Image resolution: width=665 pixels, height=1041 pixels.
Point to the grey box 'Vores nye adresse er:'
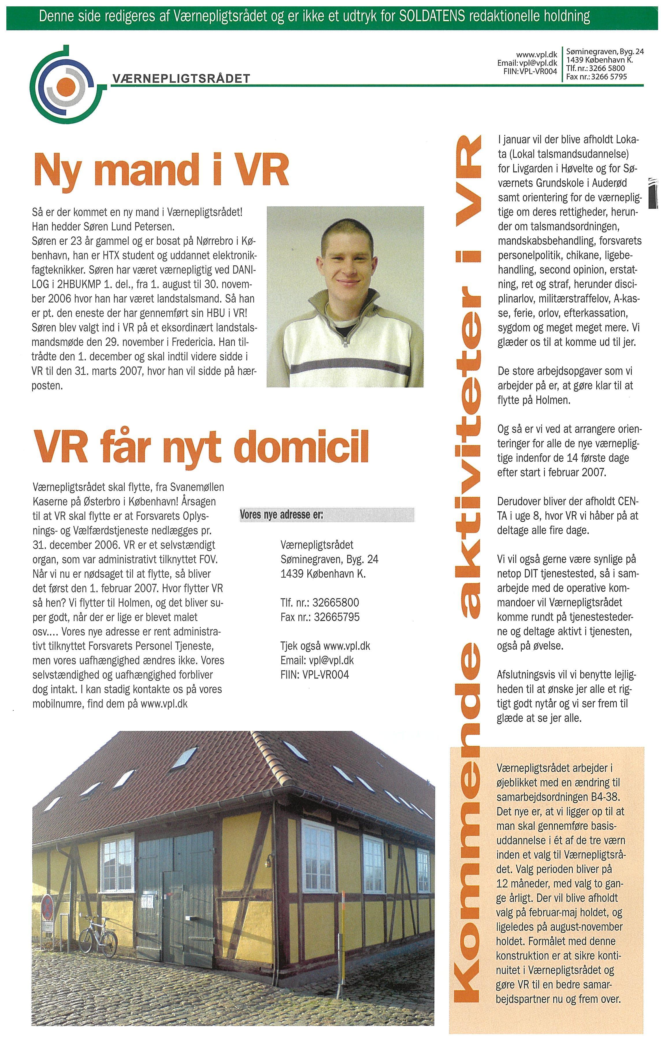pyautogui.click(x=327, y=515)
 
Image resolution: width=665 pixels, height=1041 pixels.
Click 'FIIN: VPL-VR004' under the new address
pyautogui.click(x=315, y=675)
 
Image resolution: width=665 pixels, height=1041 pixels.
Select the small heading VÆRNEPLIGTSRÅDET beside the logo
pyautogui.click(x=181, y=79)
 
